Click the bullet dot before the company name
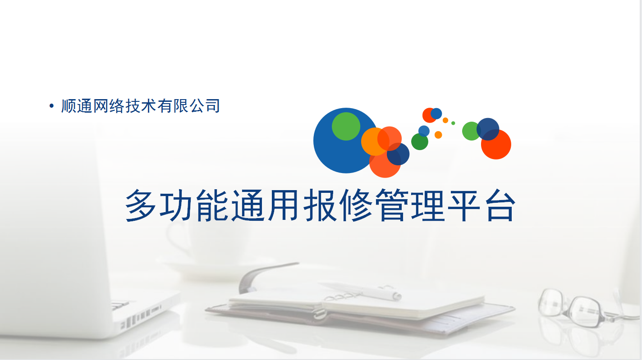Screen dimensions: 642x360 point(51,106)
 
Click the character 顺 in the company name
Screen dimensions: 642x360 point(69,106)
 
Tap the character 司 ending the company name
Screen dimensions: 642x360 point(212,106)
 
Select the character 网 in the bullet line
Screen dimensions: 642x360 point(101,106)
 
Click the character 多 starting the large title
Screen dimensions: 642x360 point(141,205)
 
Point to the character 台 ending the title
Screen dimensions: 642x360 point(500,205)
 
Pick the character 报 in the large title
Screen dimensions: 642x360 point(320,205)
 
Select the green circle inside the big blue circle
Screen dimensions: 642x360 point(346,126)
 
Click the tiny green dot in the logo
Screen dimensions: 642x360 point(453,123)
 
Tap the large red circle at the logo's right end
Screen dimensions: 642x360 point(496,144)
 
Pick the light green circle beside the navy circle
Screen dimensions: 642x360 point(471,131)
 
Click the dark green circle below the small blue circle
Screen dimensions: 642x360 point(420,141)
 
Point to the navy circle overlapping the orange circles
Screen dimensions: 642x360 point(398,154)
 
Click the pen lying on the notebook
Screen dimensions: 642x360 point(361,291)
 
